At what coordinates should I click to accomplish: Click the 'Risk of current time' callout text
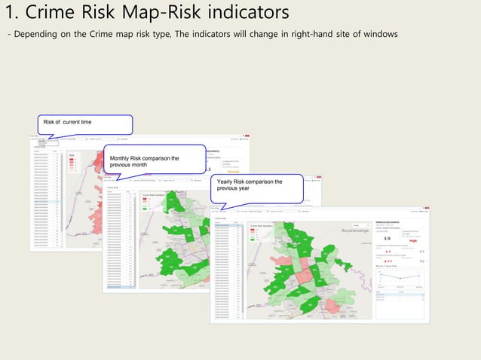tap(68, 122)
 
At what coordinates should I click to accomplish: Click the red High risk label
tap(413, 241)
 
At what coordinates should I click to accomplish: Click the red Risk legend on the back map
tap(73, 162)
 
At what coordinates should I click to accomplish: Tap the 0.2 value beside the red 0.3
tap(421, 261)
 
